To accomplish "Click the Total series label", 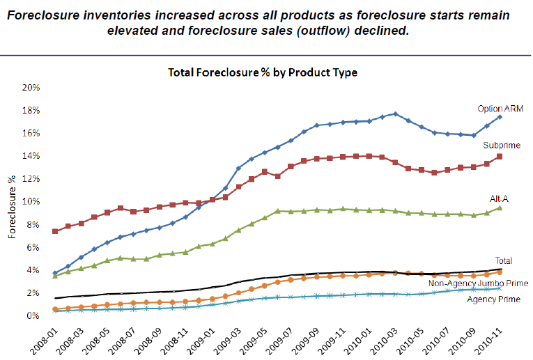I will pos(503,261).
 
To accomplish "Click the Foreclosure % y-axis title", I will pos(13,202).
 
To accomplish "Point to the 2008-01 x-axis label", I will pos(46,338).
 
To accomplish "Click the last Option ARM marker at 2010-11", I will pos(500,117).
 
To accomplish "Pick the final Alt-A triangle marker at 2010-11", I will pos(500,208).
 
